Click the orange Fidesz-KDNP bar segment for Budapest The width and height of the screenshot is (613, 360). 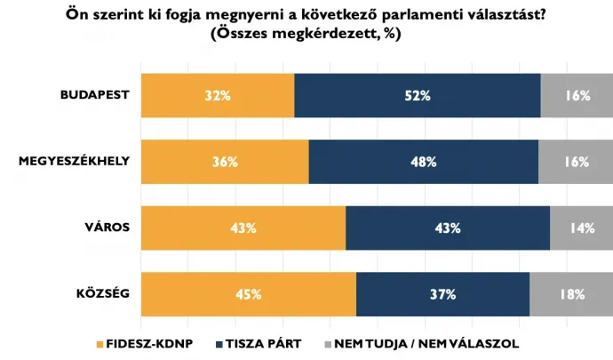point(217,95)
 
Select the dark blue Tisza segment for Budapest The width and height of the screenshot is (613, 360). point(417,95)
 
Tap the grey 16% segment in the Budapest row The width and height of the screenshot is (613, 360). point(576,95)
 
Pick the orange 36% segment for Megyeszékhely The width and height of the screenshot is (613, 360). point(224,162)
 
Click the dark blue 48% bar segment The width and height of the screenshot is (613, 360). point(423,162)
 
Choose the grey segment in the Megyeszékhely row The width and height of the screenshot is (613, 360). point(575,162)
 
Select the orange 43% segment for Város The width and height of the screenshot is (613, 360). point(243,228)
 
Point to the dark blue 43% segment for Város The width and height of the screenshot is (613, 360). point(447,228)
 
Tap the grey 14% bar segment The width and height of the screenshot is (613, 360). point(580,228)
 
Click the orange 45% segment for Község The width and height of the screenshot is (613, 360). point(248,294)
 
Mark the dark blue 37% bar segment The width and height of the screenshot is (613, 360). point(442,294)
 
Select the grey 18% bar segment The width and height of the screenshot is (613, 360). point(570,294)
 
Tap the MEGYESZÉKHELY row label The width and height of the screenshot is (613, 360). point(75,161)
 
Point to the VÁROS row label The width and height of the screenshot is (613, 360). point(108,228)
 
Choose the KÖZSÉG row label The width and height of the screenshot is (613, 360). point(104,293)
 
